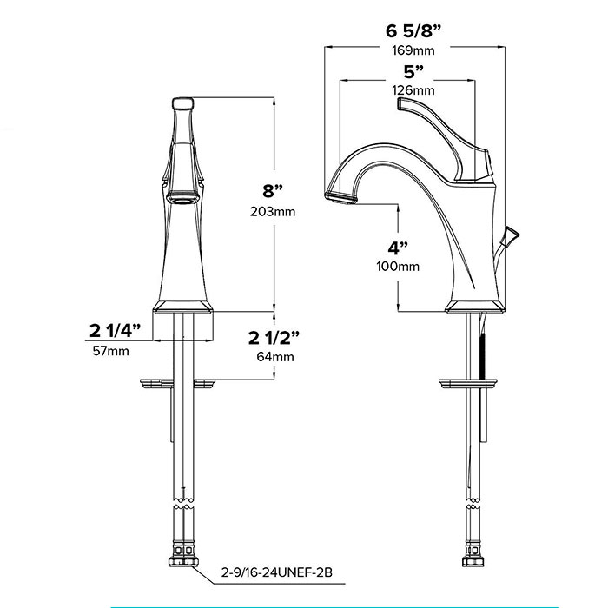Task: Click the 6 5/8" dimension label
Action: pos(413,31)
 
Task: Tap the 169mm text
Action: pos(413,50)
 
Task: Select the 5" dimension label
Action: pos(413,72)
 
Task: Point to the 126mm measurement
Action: pos(413,90)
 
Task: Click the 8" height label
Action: pos(273,191)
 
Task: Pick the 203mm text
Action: pos(273,212)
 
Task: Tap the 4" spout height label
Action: pos(398,248)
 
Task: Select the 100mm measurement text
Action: pos(398,267)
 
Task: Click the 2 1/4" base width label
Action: pos(116,331)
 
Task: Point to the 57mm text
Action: pos(111,351)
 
